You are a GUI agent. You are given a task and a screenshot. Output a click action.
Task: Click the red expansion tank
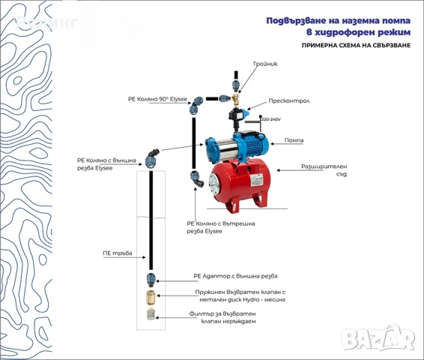(x=238, y=183)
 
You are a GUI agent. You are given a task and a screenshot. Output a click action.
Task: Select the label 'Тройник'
(x=265, y=64)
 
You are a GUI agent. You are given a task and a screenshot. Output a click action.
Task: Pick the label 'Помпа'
(x=294, y=140)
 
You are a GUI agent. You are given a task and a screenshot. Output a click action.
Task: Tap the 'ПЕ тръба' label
(x=118, y=253)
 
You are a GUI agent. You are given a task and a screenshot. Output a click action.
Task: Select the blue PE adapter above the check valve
(x=151, y=280)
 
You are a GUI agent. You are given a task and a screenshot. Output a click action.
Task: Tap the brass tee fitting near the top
(x=237, y=97)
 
